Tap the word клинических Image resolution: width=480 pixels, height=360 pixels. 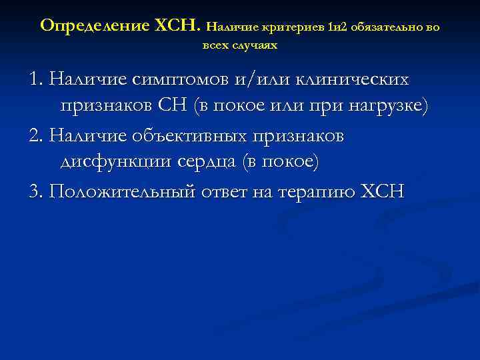pos(352,79)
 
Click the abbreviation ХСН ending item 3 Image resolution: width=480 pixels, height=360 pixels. pos(382,192)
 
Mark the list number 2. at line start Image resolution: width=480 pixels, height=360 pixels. pos(36,136)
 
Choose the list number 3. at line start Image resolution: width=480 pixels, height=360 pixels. pos(36,192)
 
